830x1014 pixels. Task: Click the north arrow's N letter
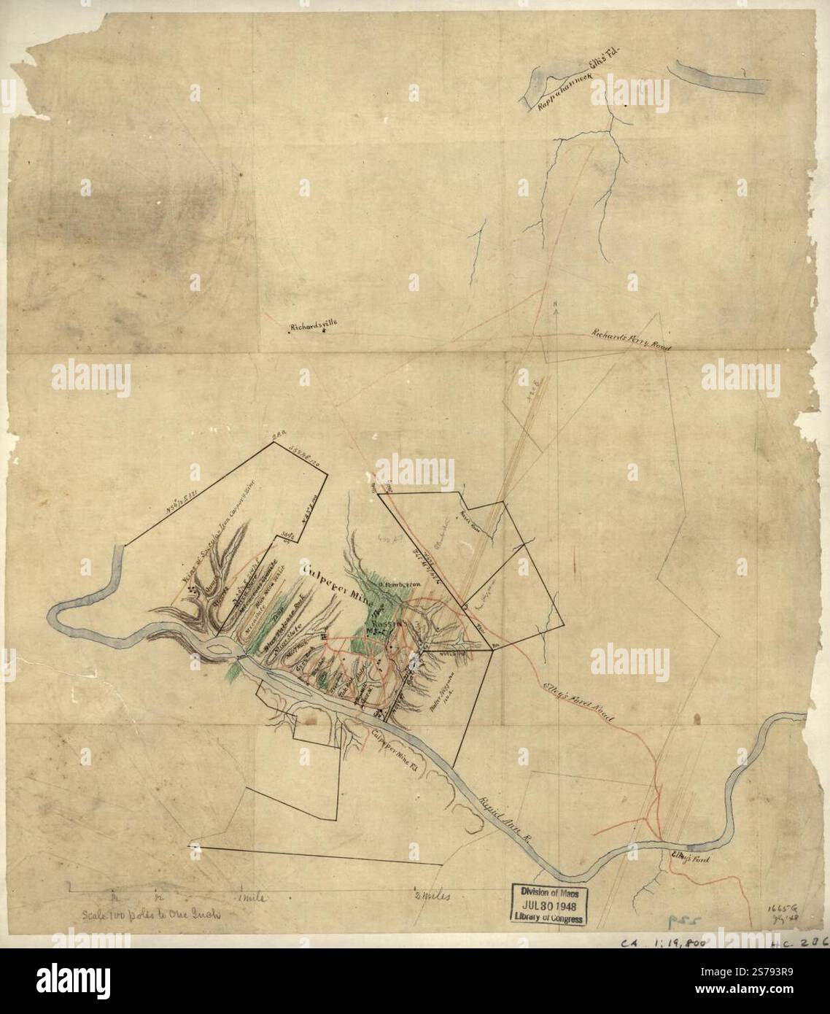[556, 304]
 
